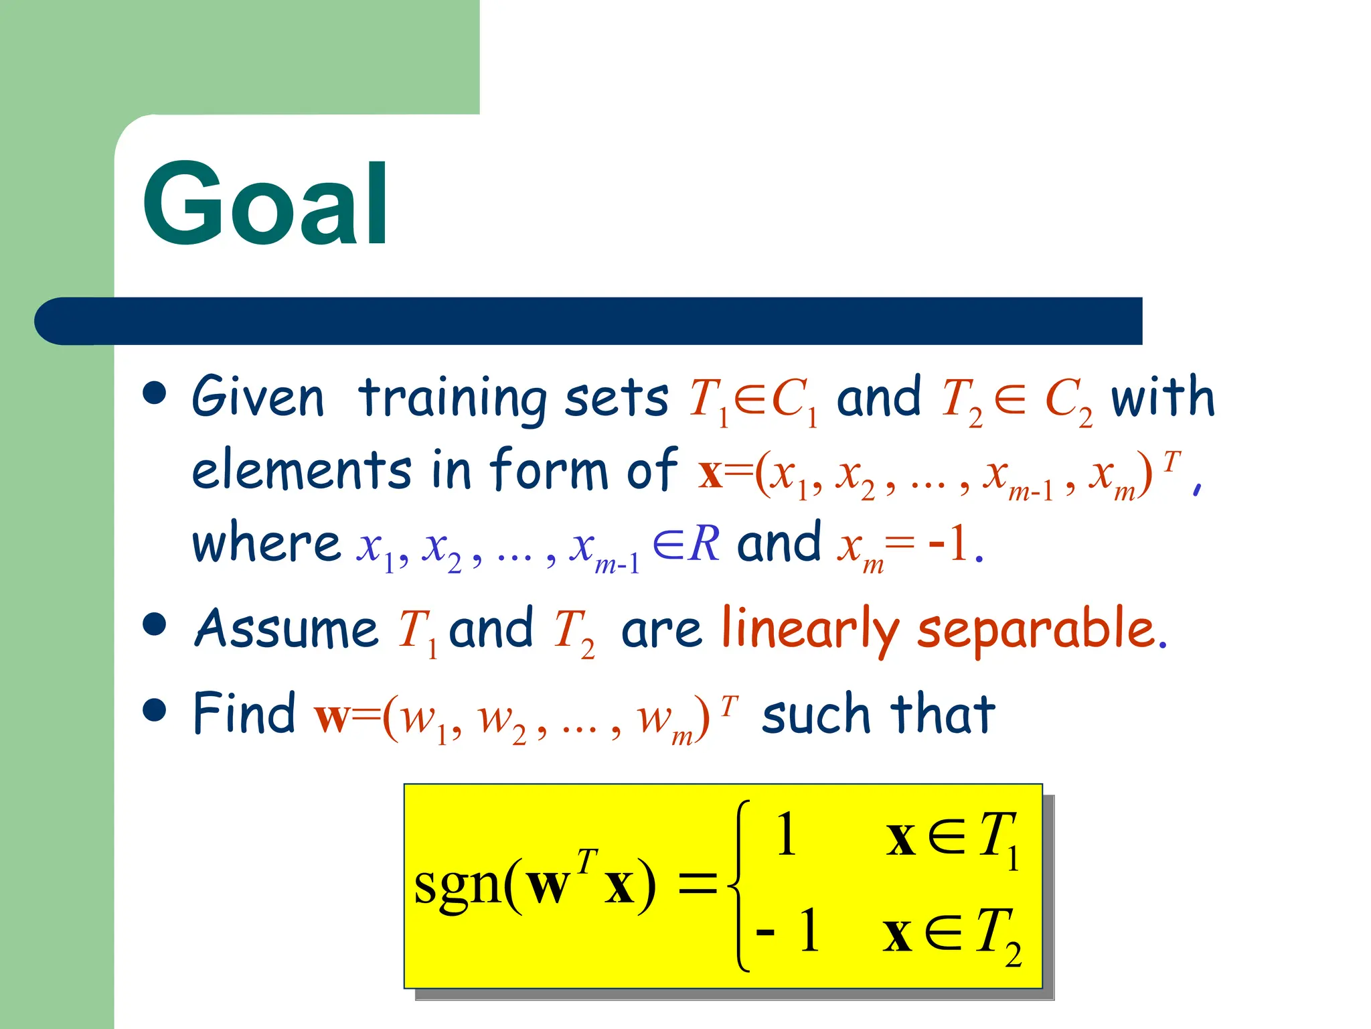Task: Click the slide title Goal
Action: point(265,204)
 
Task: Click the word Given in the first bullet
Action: point(258,397)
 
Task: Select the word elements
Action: point(301,470)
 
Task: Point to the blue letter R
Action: point(705,543)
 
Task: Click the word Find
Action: point(244,713)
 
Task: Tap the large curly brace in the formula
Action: point(739,884)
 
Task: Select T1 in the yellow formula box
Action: point(998,837)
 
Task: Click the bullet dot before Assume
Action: point(155,624)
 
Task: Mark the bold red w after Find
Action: point(331,717)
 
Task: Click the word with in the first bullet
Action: point(1162,397)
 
